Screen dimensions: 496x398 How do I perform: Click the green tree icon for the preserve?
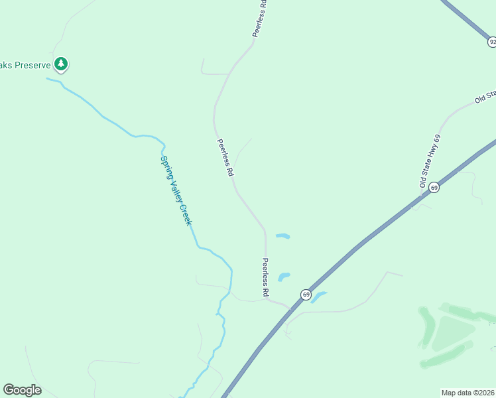tap(61, 64)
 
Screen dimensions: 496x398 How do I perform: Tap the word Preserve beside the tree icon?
tap(29, 64)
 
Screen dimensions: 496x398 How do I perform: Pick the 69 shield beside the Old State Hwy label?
tap(434, 188)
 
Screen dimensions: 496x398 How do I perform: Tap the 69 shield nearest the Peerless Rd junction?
tap(305, 294)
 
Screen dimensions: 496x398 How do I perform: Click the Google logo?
tap(22, 389)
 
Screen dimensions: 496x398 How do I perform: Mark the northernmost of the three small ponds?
tap(283, 236)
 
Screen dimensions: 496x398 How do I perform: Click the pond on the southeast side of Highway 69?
tap(319, 297)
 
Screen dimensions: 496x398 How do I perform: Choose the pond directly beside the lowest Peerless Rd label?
tap(284, 277)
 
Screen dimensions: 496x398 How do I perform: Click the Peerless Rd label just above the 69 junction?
tap(265, 277)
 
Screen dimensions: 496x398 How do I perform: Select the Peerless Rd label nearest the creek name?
tap(225, 157)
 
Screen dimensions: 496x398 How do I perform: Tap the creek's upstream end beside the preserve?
tap(48, 79)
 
